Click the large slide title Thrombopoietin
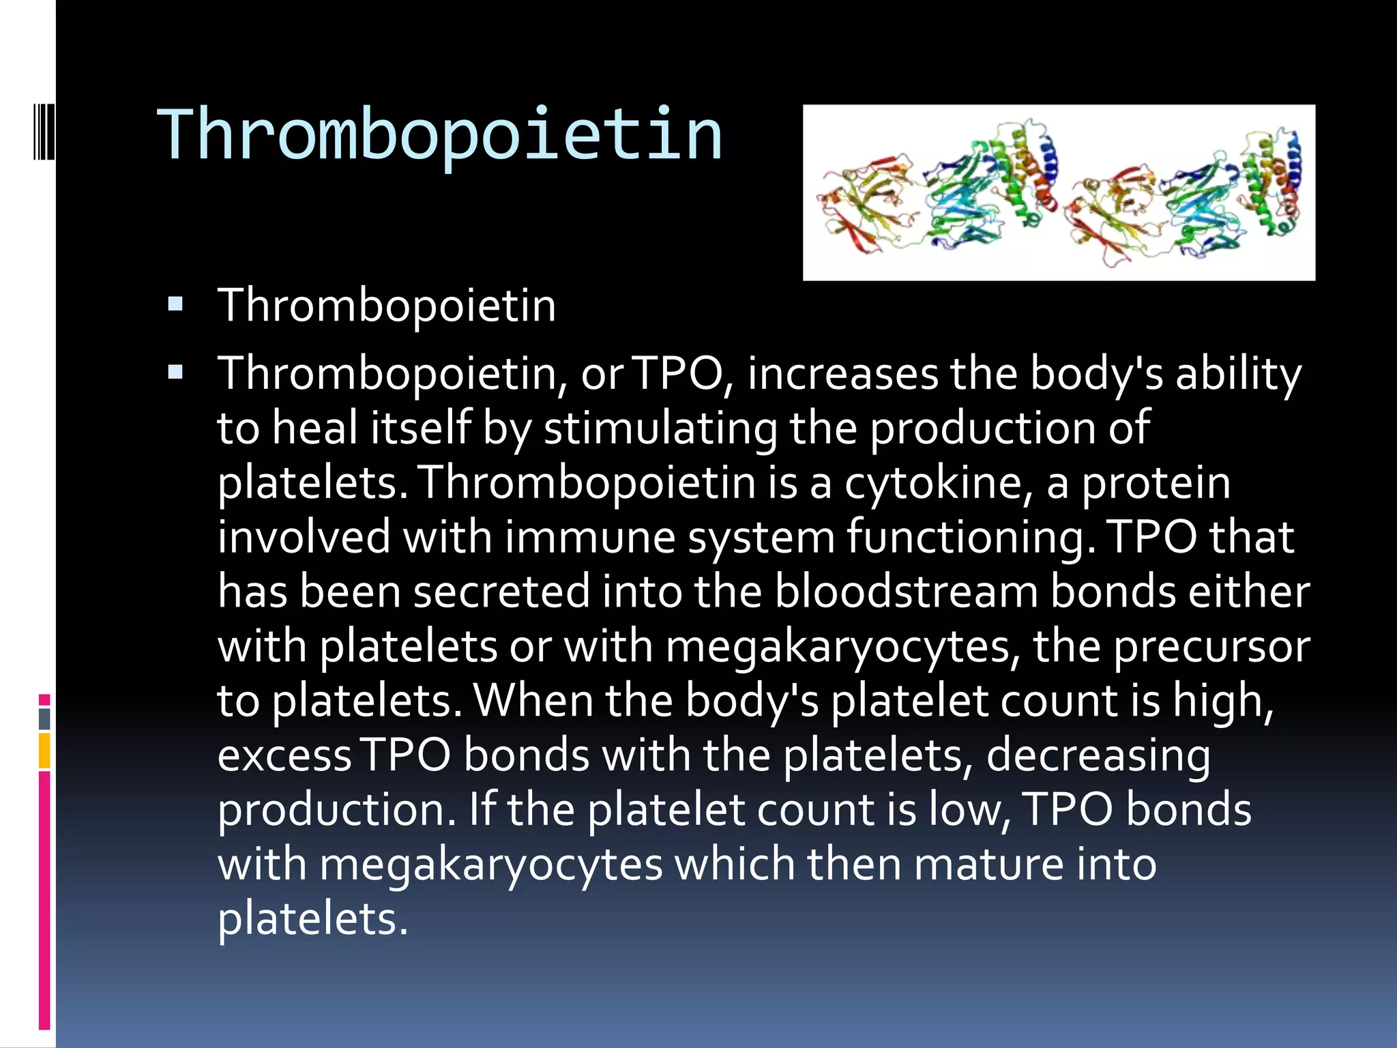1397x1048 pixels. point(440,135)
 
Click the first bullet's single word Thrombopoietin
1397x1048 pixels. point(386,305)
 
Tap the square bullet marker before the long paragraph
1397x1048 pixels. point(175,373)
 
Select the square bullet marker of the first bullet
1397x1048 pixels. point(175,304)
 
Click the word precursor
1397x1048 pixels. point(1211,646)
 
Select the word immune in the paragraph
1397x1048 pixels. point(589,537)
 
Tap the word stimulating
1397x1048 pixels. point(660,428)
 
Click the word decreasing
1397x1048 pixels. point(1098,755)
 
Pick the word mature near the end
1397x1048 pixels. point(988,864)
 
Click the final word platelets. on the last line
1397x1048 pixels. point(312,919)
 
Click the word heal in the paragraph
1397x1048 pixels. point(314,428)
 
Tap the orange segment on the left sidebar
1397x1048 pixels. point(44,751)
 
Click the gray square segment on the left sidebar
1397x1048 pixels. point(44,718)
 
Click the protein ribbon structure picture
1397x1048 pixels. point(1059,192)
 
